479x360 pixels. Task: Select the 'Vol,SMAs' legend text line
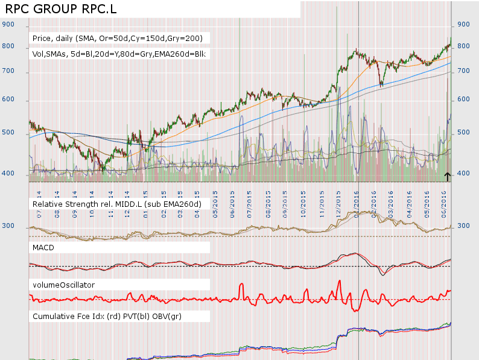click(x=119, y=54)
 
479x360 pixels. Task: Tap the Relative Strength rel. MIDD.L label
click(x=116, y=204)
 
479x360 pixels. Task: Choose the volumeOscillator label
click(x=63, y=284)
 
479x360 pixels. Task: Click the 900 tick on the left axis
click(x=8, y=25)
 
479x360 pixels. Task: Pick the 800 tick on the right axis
click(x=464, y=46)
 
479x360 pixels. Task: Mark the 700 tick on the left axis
click(x=8, y=72)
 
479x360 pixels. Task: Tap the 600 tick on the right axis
click(x=464, y=99)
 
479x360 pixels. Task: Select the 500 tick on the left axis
click(x=8, y=132)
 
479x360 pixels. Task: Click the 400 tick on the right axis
click(x=464, y=174)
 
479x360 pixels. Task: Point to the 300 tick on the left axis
click(x=8, y=226)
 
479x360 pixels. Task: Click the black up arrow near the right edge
click(x=448, y=176)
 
